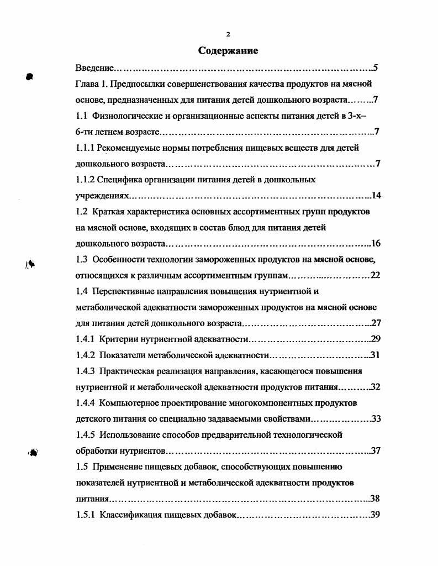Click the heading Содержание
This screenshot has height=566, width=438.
pos(228,51)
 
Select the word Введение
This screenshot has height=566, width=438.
pos(95,69)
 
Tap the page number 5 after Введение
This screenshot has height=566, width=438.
pos(375,69)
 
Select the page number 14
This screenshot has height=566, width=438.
pos(376,196)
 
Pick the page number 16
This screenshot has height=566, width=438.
pos(376,243)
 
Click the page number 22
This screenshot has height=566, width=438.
pos(376,275)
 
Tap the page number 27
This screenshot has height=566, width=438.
pos(376,323)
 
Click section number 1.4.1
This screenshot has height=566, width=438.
pos(86,339)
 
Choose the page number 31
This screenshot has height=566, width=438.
pos(376,355)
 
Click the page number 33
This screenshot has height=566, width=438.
pos(376,418)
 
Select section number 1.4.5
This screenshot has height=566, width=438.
pos(86,434)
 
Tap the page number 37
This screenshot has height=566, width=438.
pos(376,450)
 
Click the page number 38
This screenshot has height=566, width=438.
pos(376,499)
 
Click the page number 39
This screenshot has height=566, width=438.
pos(376,515)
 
